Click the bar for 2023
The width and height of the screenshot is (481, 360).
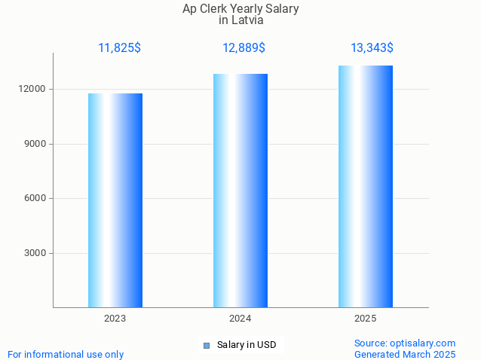point(115,200)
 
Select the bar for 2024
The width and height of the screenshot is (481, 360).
point(240,191)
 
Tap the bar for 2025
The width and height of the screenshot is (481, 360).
point(366,187)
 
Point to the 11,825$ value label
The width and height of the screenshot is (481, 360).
point(119,48)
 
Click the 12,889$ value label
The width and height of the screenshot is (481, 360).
point(244,48)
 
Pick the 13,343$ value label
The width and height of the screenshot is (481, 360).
point(372,48)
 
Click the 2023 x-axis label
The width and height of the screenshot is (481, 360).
point(115,319)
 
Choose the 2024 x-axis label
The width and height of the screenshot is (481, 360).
point(240,319)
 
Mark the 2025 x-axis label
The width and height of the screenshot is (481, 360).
point(366,319)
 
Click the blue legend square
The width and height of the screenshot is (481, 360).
point(206,346)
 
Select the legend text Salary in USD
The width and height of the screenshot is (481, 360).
point(247,346)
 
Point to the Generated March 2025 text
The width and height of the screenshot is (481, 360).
point(405,354)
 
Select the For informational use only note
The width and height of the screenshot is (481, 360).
point(66,354)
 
